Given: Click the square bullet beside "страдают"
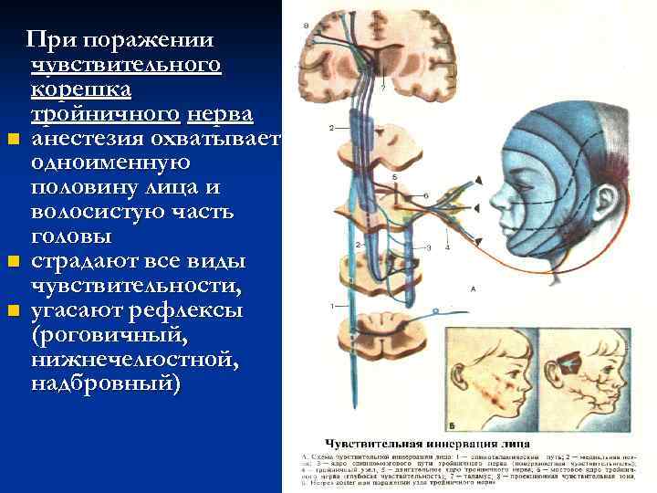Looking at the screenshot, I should click(12, 263).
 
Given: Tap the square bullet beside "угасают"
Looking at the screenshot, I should click(12, 311).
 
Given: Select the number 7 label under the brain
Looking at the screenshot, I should click(384, 88).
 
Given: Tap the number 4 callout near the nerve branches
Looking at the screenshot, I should click(448, 247).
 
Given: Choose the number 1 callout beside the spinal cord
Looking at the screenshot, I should click(333, 304).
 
